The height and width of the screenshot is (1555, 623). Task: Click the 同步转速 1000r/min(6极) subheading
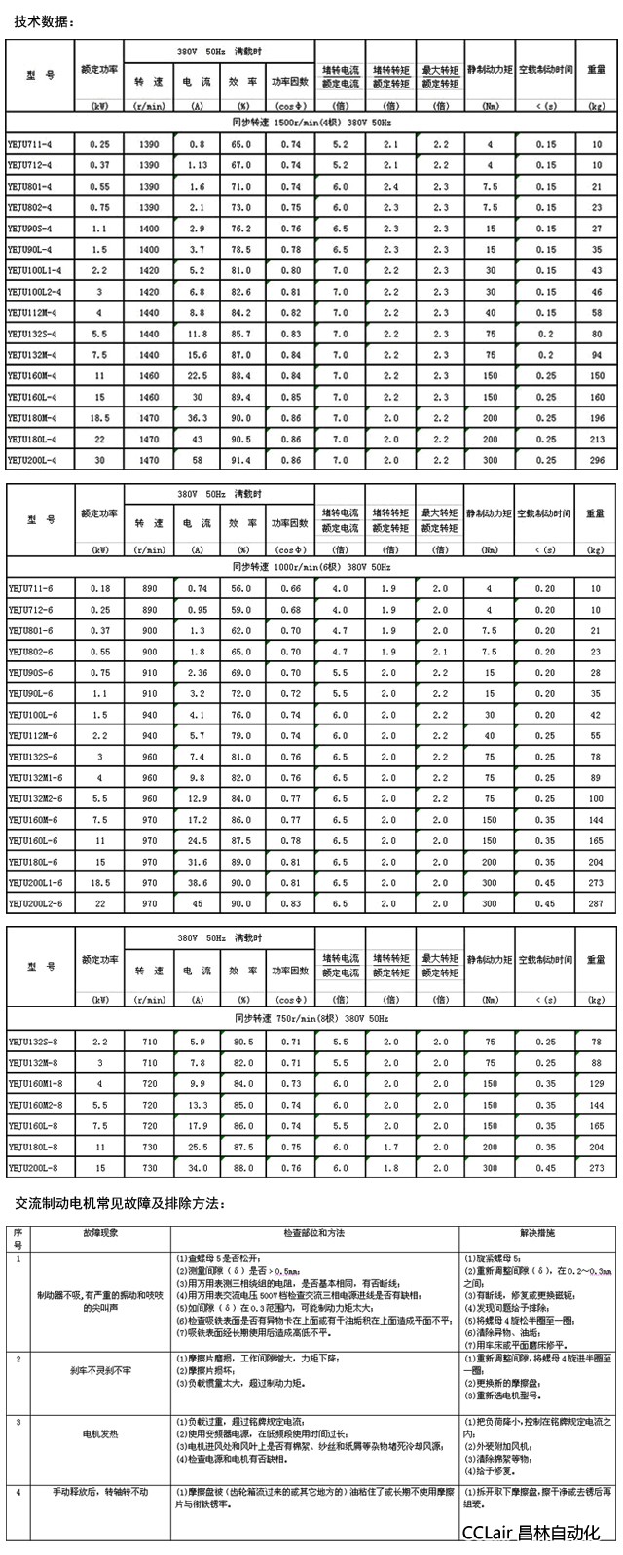point(311,566)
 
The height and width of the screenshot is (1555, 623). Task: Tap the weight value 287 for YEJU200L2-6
point(596,903)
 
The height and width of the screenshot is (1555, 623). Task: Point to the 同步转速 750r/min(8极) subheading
point(311,1017)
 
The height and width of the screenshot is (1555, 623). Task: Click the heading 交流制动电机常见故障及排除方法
point(120,1204)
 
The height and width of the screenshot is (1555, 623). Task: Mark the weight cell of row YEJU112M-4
point(596,311)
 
